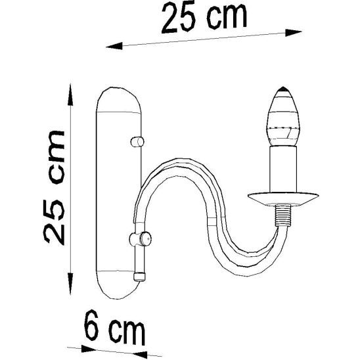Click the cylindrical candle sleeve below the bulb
tap(282, 169)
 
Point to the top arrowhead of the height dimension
tap(71, 89)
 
